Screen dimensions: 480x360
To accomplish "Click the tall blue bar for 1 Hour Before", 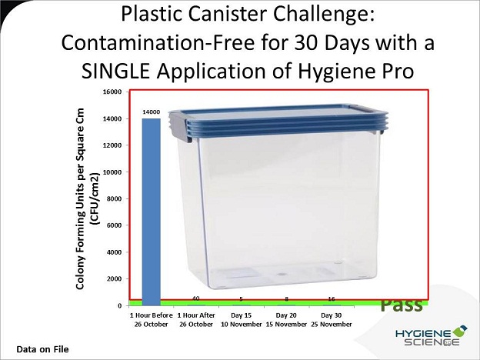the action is tap(152, 212).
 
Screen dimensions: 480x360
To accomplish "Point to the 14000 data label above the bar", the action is tap(152, 112).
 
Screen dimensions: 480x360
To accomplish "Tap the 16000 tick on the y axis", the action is tap(114, 92).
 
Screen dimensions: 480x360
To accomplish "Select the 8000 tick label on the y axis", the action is tap(115, 198).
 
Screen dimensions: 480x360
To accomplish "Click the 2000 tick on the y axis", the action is tap(115, 279).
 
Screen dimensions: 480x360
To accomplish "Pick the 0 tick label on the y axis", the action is tap(119, 306).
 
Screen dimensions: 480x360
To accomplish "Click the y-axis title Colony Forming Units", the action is tap(80, 198).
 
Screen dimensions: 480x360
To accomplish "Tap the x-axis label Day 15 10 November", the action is tap(242, 319).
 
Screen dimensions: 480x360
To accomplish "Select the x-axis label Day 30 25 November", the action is tap(332, 319).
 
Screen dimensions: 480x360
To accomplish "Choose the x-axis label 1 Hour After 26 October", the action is tap(196, 319).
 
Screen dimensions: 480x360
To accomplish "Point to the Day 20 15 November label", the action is tap(286, 319).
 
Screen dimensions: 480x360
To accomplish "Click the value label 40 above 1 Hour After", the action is tap(196, 298).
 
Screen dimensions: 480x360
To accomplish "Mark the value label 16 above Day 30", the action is tap(332, 298).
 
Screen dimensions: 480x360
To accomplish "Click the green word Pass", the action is tap(402, 305).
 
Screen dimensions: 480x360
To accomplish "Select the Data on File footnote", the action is tap(42, 349).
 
